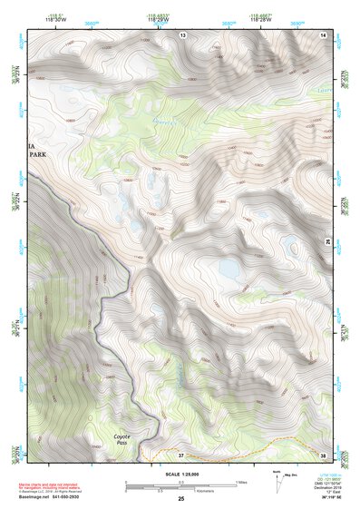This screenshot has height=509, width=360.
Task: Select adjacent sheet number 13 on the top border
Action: coord(182,34)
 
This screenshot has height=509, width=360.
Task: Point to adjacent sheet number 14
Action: coord(324,34)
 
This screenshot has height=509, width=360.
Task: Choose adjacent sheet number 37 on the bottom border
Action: coord(181,455)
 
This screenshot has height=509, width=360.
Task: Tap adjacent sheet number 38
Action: coord(324,455)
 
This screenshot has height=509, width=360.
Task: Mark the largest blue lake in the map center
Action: coord(228,269)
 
